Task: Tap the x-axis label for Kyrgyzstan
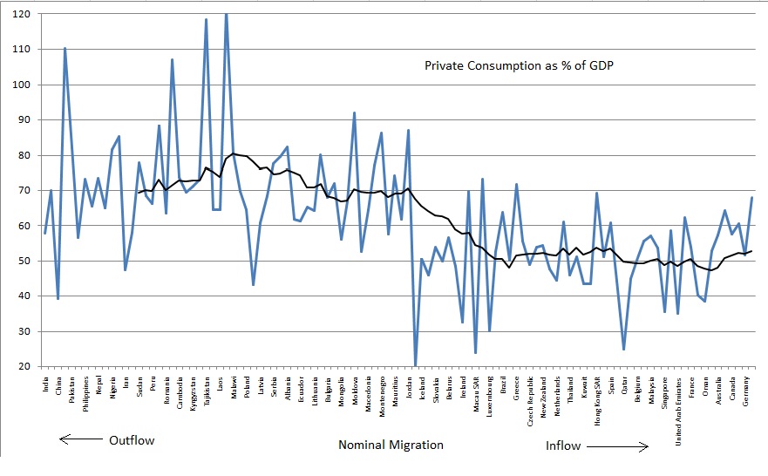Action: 193,395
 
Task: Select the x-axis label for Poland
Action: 247,386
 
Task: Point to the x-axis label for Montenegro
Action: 381,396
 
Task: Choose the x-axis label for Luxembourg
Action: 489,396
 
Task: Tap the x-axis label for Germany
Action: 744,390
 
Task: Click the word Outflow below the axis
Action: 131,440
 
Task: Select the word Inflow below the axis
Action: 563,445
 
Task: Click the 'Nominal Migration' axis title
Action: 391,445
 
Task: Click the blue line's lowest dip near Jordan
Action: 415,365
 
